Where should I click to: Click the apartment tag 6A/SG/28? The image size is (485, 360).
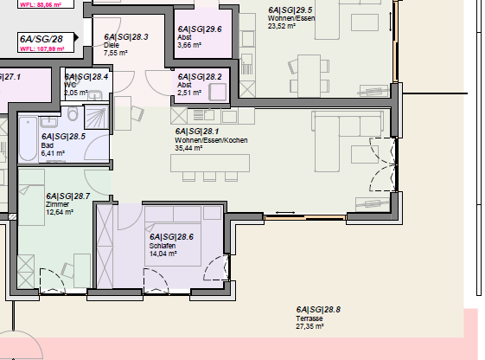(x=41, y=38)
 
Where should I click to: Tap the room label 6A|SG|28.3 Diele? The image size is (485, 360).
(x=125, y=37)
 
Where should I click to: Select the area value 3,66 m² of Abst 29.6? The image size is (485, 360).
(x=190, y=45)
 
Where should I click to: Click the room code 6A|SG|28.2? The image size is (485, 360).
(x=199, y=76)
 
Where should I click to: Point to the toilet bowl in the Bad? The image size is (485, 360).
(x=73, y=115)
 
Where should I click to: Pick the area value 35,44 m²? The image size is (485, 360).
(x=188, y=148)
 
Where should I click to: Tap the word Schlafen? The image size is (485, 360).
(x=163, y=245)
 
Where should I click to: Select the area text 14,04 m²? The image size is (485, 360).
(x=164, y=254)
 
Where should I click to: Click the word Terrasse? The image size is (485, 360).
(x=309, y=318)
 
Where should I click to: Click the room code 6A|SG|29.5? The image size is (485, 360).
(x=290, y=10)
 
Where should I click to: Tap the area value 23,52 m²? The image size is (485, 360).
(x=282, y=26)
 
